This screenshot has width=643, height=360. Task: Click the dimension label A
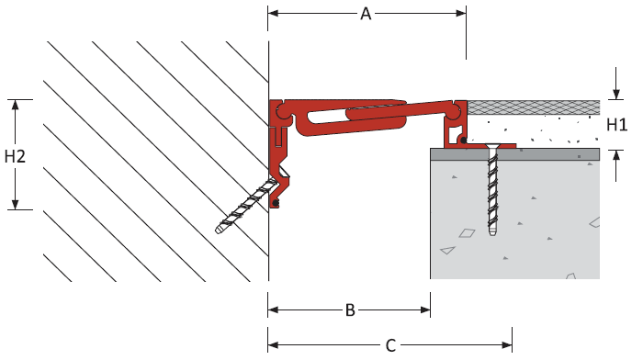pyautogui.click(x=366, y=14)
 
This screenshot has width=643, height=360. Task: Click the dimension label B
pyautogui.click(x=350, y=310)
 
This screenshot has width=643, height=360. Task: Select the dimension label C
pyautogui.click(x=390, y=345)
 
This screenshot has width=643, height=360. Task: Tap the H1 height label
pyautogui.click(x=616, y=125)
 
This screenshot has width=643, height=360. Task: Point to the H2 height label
pyautogui.click(x=16, y=156)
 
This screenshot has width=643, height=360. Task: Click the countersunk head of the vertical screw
pyautogui.click(x=491, y=146)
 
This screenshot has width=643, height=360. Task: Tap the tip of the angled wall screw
pyautogui.click(x=219, y=230)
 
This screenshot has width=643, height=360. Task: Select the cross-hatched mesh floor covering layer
pyautogui.click(x=534, y=107)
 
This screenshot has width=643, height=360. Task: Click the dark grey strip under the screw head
pyautogui.click(x=514, y=154)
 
